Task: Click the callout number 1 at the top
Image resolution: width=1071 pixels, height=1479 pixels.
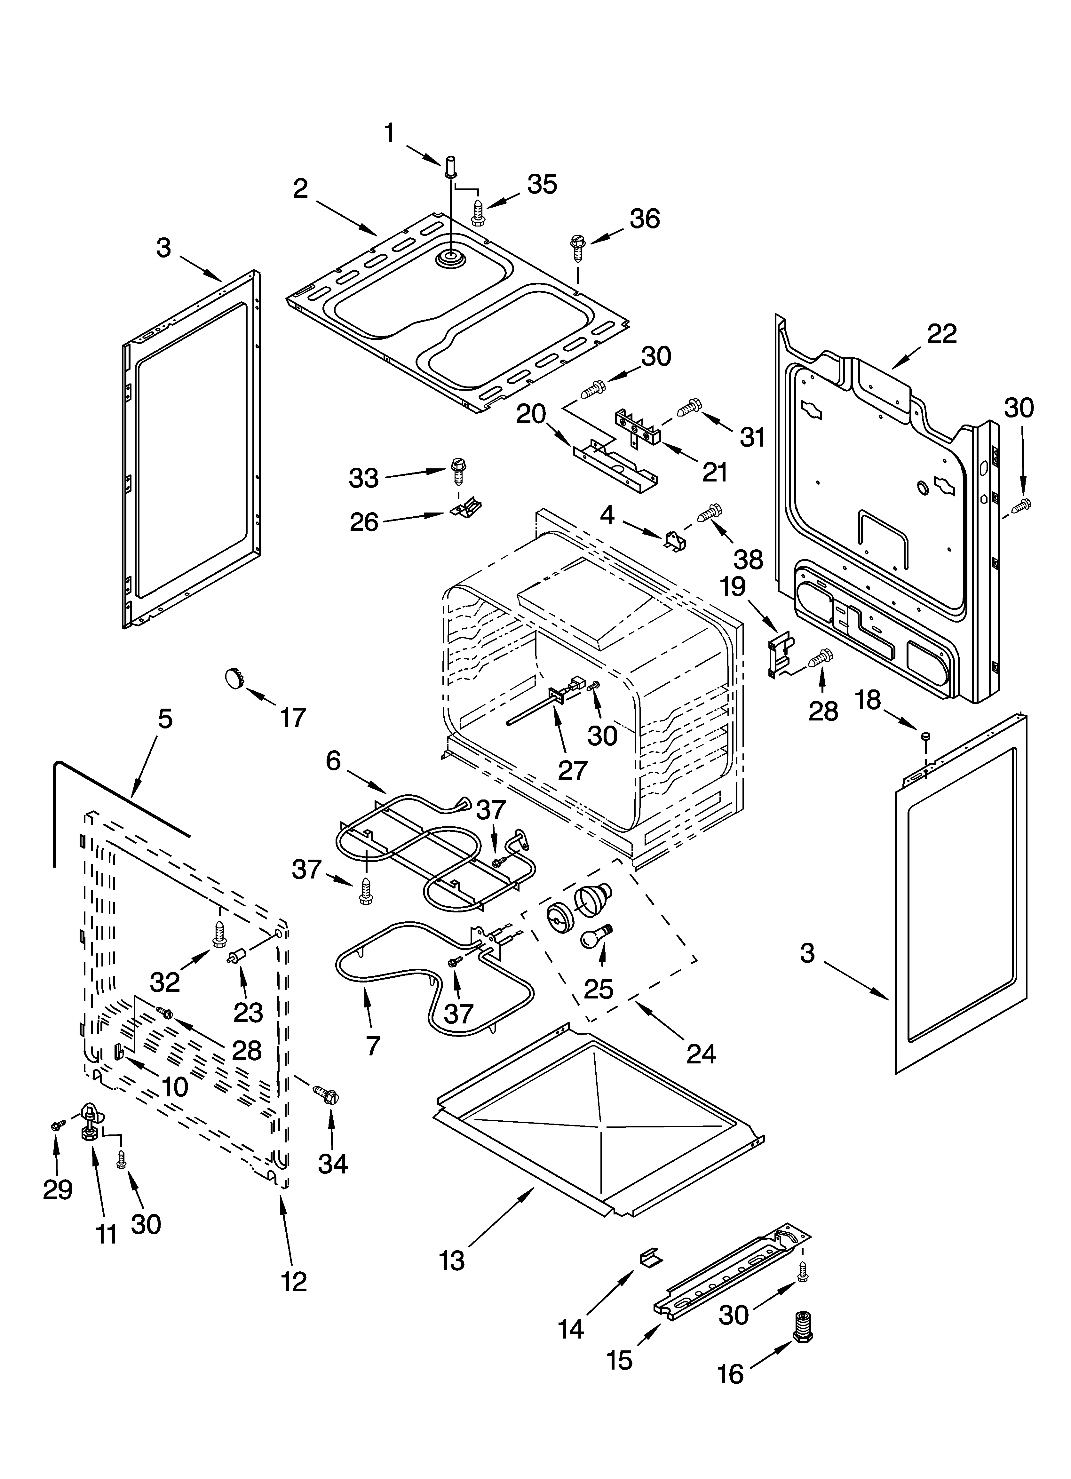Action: click(389, 134)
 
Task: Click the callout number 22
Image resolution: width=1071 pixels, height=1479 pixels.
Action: click(941, 334)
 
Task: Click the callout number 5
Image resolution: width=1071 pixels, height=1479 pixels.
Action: click(165, 719)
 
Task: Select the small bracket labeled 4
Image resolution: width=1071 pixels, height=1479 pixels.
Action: click(672, 541)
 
